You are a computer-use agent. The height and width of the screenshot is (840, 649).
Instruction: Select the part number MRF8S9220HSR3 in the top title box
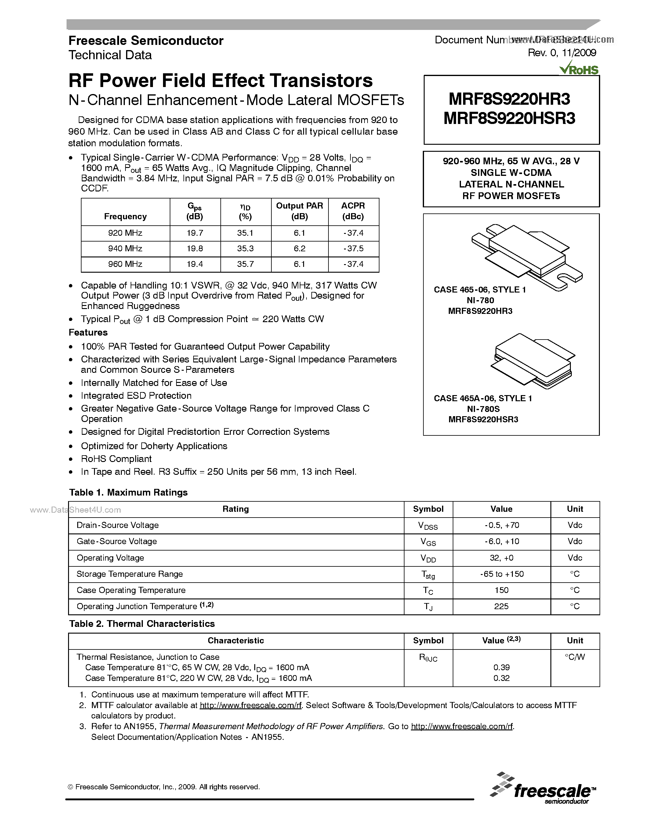(x=509, y=118)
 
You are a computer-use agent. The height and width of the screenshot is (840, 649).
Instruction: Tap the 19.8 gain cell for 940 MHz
(x=195, y=249)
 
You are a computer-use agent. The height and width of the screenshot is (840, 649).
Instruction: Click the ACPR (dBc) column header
(x=353, y=211)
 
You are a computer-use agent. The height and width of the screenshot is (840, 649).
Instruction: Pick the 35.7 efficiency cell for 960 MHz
(x=245, y=264)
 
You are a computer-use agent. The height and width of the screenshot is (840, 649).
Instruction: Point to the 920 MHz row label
(x=125, y=233)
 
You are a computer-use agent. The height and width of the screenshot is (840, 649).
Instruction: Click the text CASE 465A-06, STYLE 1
(x=483, y=398)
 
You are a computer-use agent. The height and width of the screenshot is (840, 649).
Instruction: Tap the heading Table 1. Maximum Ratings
(x=129, y=493)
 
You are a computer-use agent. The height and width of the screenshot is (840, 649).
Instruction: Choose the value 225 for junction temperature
(x=501, y=606)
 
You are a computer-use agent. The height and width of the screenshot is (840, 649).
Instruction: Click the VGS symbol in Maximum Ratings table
(x=428, y=542)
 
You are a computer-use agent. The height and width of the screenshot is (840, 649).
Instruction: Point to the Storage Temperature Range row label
(x=129, y=574)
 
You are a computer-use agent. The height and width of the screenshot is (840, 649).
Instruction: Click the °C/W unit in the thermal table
(x=575, y=657)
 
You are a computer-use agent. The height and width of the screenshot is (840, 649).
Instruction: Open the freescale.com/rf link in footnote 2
(x=251, y=705)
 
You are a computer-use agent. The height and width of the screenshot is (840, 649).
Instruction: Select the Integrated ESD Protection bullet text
(x=136, y=396)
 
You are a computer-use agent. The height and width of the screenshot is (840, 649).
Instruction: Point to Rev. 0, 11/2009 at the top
(x=562, y=53)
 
